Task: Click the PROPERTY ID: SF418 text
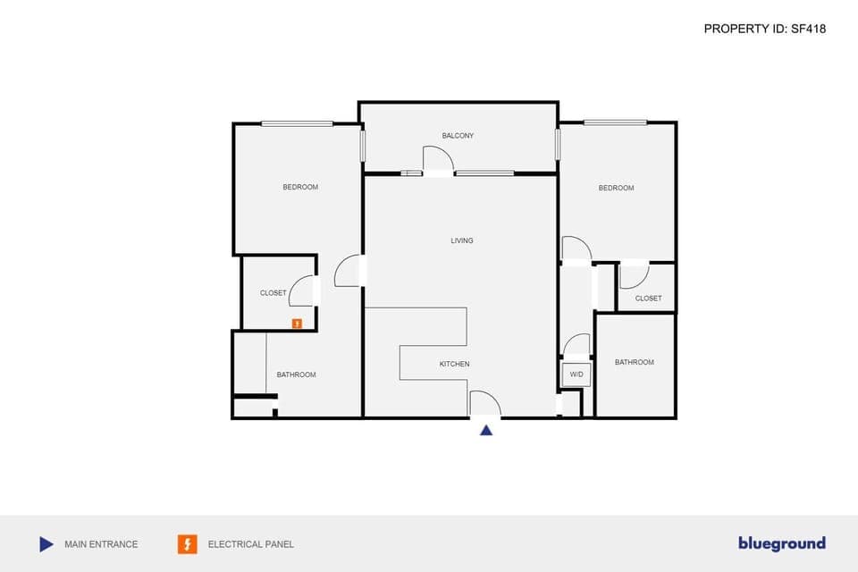click(x=764, y=29)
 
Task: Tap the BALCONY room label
click(x=458, y=136)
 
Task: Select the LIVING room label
click(x=461, y=240)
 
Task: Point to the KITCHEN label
click(x=454, y=364)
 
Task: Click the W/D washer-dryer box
click(x=576, y=374)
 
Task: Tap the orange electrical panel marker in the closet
click(x=297, y=324)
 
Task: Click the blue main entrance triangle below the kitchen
click(x=486, y=430)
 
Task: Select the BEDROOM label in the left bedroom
click(x=300, y=187)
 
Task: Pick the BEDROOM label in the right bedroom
click(x=616, y=188)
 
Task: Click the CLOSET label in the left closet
click(x=273, y=293)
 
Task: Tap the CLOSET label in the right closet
click(x=648, y=299)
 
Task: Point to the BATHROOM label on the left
click(x=296, y=374)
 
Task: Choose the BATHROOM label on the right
click(x=634, y=362)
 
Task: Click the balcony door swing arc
click(x=440, y=160)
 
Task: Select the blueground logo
click(x=781, y=543)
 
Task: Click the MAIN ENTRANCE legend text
click(x=101, y=544)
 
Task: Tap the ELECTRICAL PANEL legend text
click(x=250, y=544)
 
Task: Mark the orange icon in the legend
click(x=187, y=544)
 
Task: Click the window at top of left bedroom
click(x=297, y=123)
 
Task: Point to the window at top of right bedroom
click(x=615, y=122)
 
